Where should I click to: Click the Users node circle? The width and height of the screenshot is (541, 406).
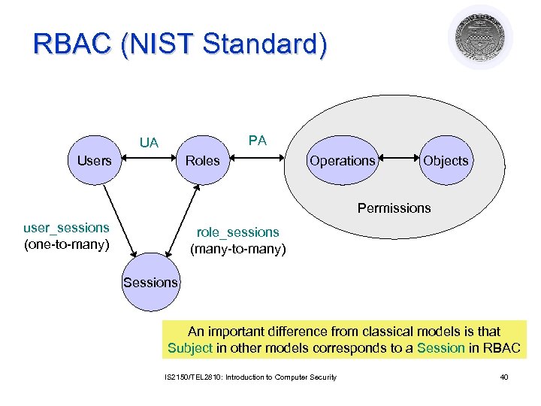[x=95, y=160]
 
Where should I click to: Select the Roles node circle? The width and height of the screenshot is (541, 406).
[x=203, y=160]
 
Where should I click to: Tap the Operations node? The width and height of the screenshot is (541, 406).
[x=342, y=160]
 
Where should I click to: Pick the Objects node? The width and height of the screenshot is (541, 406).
[x=446, y=160]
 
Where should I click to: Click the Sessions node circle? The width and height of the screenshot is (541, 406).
[x=150, y=282]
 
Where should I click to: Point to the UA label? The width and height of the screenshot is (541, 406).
[x=149, y=143]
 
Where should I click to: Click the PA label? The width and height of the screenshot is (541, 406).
[x=258, y=140]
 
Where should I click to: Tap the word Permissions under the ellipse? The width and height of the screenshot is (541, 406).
[x=394, y=208]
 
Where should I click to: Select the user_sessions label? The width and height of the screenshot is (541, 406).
[x=66, y=227]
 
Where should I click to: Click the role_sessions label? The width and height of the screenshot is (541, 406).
[x=237, y=232]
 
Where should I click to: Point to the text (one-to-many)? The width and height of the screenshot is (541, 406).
[x=66, y=244]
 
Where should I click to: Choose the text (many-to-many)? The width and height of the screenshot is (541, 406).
[x=237, y=248]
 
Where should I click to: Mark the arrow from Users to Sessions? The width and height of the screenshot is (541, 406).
[x=118, y=221]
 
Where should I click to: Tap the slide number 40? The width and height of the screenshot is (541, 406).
[x=503, y=377]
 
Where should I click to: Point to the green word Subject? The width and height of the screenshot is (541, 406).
[x=190, y=347]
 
